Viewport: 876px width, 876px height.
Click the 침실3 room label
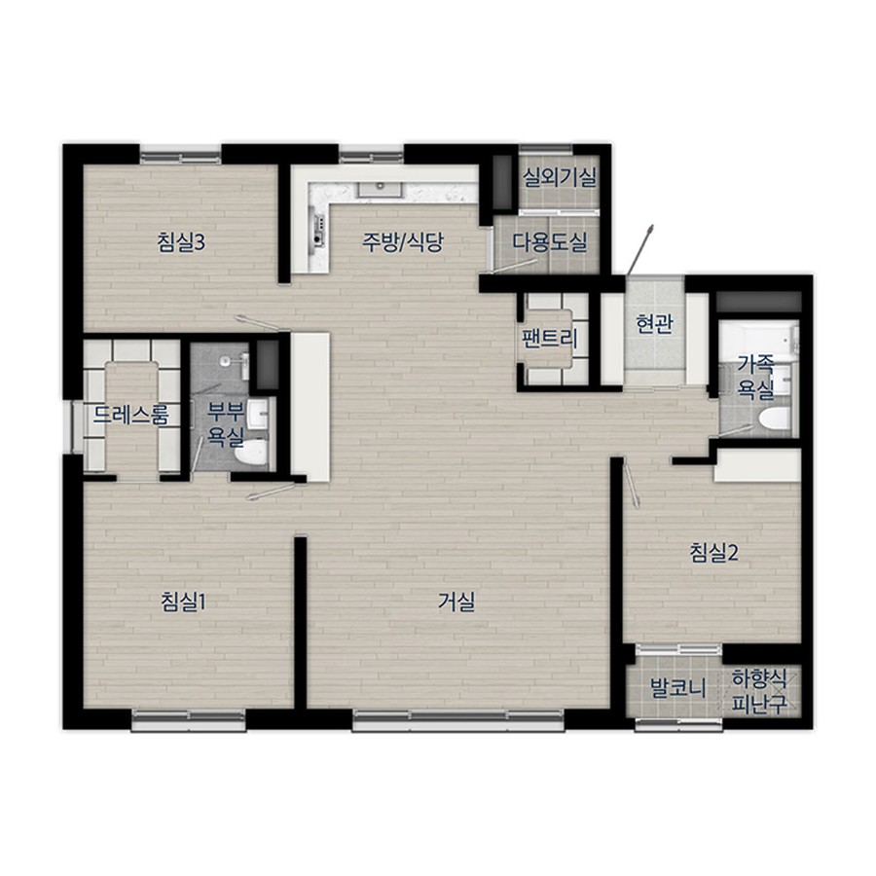tap(180, 243)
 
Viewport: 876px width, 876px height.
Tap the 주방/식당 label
tap(402, 242)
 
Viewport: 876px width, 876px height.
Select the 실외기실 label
tap(560, 178)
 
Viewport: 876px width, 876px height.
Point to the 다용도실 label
tap(550, 242)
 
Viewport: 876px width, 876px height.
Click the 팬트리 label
tap(549, 339)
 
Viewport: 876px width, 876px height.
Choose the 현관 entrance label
tap(655, 324)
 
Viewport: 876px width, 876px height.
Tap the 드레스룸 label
tap(130, 415)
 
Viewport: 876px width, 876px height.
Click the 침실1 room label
tap(183, 602)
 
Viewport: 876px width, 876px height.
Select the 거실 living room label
tap(456, 602)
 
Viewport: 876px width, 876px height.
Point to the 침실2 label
tap(714, 553)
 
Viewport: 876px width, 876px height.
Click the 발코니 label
tap(677, 689)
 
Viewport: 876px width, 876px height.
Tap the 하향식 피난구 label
tap(759, 692)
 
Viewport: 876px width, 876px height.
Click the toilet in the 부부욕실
tap(251, 452)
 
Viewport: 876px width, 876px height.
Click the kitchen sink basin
tap(381, 189)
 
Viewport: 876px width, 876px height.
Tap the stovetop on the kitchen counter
tap(319, 231)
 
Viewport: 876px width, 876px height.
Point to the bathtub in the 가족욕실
tap(757, 341)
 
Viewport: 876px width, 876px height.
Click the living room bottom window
tap(458, 720)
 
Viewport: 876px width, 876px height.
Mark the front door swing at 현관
tap(640, 249)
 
